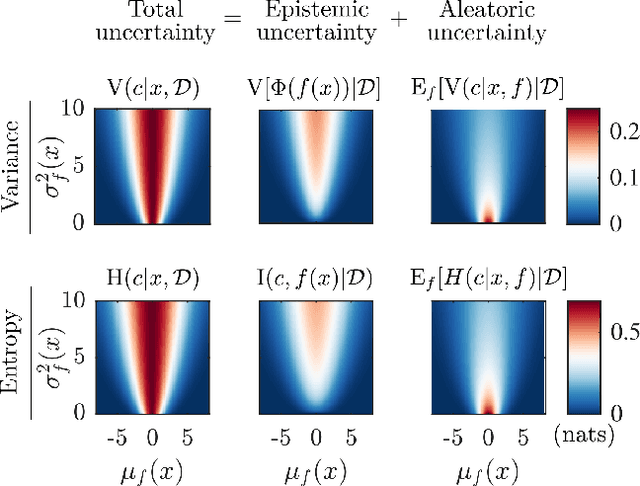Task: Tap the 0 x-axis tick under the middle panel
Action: click(315, 437)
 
